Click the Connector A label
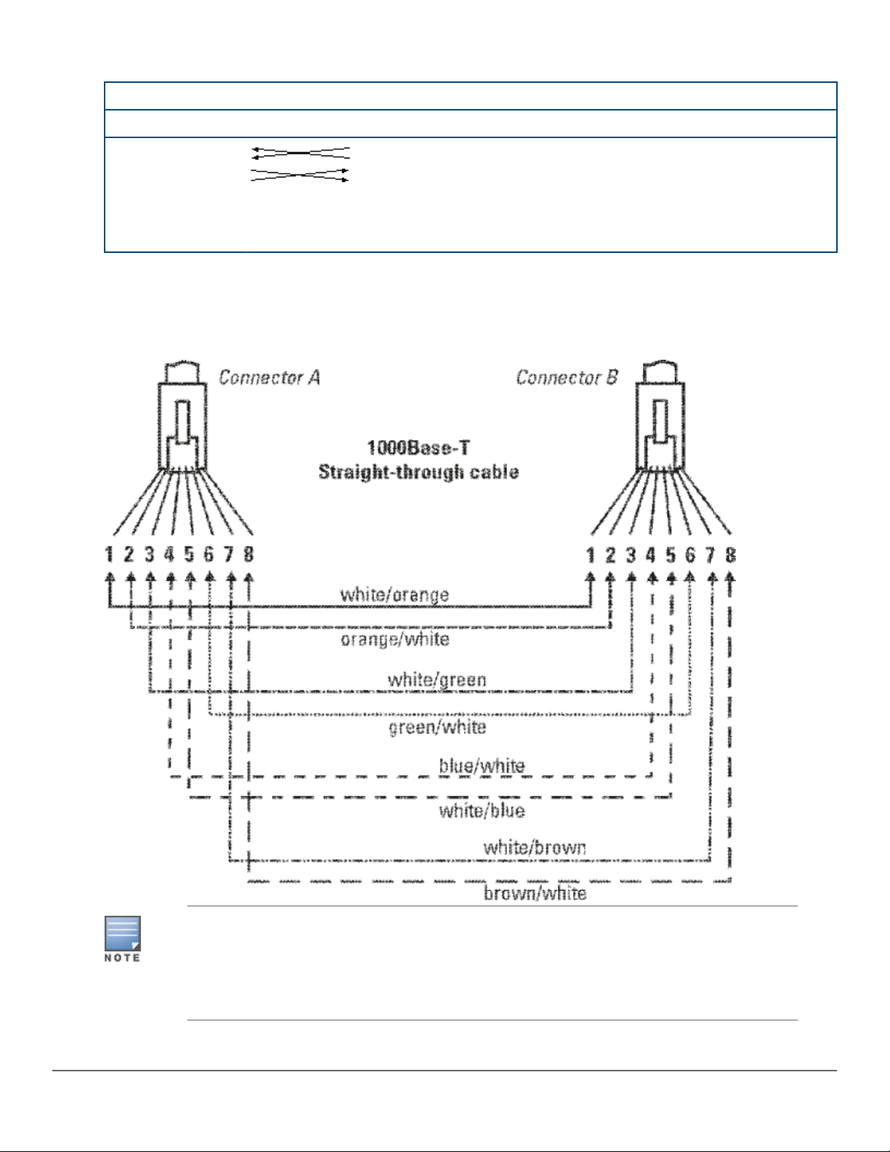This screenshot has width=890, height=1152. pos(269,377)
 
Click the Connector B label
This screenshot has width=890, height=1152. pos(567,377)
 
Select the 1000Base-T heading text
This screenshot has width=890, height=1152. pos(418,448)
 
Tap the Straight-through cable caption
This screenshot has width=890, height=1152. pos(418,472)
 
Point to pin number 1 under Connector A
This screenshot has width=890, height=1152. pos(109,555)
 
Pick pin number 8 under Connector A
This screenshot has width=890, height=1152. pos(248,555)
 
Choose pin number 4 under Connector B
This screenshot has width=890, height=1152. pos(651,555)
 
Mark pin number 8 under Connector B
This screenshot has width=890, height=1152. pos(730,555)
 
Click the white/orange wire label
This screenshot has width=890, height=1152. pos(395,595)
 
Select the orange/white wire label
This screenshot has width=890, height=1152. pos(395,640)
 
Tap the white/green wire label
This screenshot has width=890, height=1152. pos(437,680)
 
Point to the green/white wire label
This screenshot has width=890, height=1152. pos(437,727)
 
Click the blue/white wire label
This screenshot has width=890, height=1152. pos(482,766)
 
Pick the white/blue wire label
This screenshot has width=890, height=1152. pos(482,810)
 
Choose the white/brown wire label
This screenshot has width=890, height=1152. pos(535,847)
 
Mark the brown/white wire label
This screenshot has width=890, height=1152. pos(535,893)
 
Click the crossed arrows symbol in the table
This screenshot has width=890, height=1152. pos(300,164)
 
